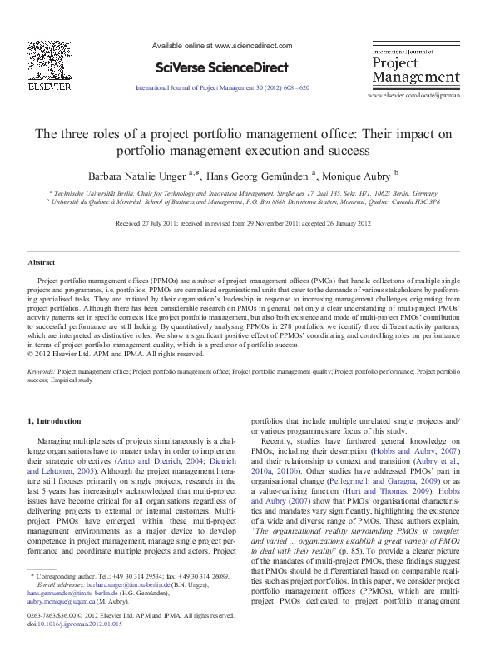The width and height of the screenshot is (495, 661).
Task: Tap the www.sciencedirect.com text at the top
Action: pos(254,46)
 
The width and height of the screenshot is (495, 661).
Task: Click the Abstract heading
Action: pos(42,263)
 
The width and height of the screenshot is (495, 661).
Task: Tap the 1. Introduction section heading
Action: pos(55,421)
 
